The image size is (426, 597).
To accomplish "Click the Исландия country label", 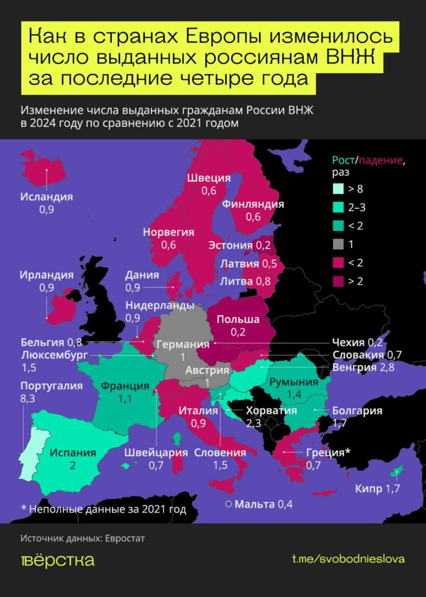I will tap(46, 197).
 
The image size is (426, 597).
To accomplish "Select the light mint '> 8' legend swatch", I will tap(338, 189).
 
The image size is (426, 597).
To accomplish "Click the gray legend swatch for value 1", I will tap(338, 244).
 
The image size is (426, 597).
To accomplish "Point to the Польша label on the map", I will tap(238, 319).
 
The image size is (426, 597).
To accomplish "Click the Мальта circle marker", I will tap(228, 504).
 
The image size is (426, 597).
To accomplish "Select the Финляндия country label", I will tap(253, 204).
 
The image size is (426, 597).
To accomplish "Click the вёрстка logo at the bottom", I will tap(57, 560).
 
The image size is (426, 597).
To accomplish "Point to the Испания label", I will tap(73, 453).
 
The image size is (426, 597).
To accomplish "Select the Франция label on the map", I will tap(125, 386).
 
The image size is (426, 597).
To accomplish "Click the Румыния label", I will tap(295, 382).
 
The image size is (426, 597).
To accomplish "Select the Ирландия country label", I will tap(46, 275).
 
